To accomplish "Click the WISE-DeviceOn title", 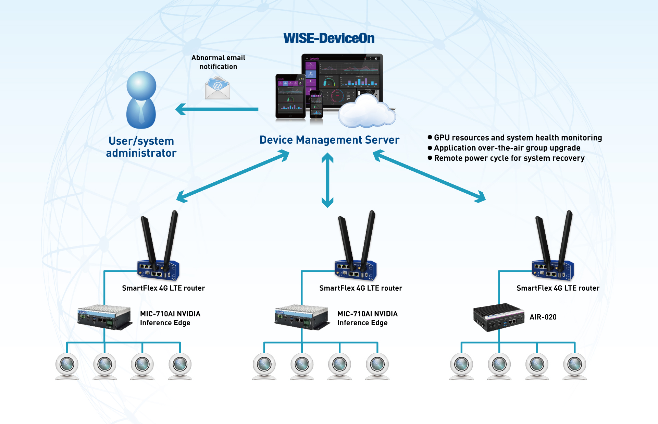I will (329, 38).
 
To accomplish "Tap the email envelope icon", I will (218, 88).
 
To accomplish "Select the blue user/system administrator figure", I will (141, 100).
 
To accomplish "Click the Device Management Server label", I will (329, 140).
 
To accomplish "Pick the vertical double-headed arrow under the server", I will (327, 180).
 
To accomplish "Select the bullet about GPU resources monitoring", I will (517, 138).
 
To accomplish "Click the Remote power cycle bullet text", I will (509, 158).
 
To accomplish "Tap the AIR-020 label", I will (543, 317).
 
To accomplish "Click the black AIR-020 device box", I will (498, 317).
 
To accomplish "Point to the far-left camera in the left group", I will (67, 365).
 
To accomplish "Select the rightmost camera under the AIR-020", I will (574, 365).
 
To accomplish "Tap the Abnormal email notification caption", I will (218, 62).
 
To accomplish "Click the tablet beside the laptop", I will (290, 96).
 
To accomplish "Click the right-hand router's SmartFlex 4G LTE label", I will (558, 288).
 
